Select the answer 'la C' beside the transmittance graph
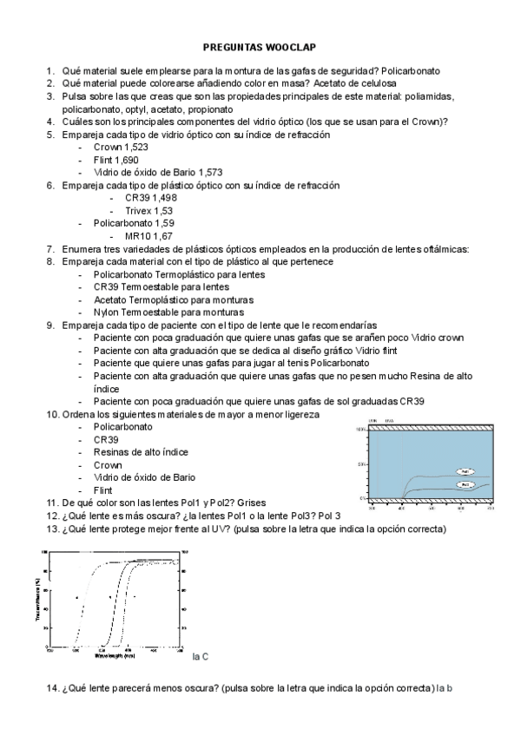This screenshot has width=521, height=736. point(200,657)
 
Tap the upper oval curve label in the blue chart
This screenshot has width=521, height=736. point(466,471)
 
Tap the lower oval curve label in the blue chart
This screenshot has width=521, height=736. point(465,484)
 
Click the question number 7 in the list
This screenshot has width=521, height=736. point(50,248)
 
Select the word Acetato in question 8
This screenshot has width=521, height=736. point(110,299)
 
